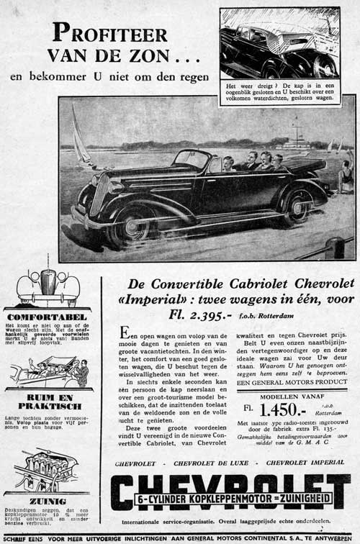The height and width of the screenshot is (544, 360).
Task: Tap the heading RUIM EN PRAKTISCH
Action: tap(48, 402)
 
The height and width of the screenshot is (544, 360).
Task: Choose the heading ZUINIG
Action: tap(48, 500)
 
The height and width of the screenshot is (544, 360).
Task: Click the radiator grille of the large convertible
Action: tap(99, 194)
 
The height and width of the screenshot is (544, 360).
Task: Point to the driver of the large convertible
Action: tap(228, 163)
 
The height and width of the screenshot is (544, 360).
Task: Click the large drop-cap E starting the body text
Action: tap(125, 333)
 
